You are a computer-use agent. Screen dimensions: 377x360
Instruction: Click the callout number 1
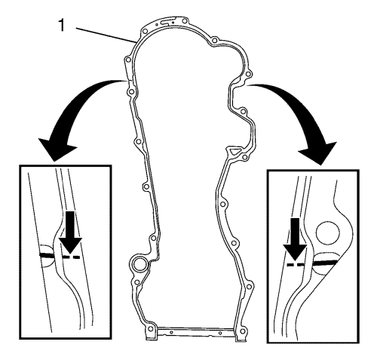click(62, 26)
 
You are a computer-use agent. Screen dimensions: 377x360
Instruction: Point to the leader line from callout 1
click(106, 35)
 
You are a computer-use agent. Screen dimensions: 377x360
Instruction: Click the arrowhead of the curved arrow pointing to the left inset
click(57, 149)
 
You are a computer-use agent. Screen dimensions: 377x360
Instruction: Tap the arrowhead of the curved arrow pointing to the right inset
click(318, 153)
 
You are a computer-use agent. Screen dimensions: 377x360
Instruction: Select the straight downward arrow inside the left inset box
click(71, 232)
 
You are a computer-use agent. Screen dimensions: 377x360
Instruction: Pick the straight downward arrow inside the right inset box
click(295, 239)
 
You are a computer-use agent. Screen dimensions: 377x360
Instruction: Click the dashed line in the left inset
click(71, 257)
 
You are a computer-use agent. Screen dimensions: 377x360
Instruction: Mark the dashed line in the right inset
click(296, 265)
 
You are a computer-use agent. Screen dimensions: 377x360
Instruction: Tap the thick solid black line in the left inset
click(47, 255)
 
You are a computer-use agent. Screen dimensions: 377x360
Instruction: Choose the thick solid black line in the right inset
click(325, 263)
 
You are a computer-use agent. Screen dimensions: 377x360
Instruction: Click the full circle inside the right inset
click(327, 233)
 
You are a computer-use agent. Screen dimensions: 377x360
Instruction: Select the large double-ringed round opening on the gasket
click(138, 265)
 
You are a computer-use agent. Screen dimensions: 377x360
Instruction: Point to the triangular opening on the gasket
click(233, 151)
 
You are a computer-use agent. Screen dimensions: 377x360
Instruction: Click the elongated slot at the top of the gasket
click(167, 23)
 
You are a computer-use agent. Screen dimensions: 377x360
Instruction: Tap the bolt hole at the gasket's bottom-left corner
click(150, 328)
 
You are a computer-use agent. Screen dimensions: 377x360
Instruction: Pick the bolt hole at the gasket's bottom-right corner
click(242, 331)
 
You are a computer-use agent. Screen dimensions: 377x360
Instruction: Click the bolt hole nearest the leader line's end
click(144, 32)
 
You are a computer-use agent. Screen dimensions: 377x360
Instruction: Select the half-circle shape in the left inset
click(48, 255)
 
